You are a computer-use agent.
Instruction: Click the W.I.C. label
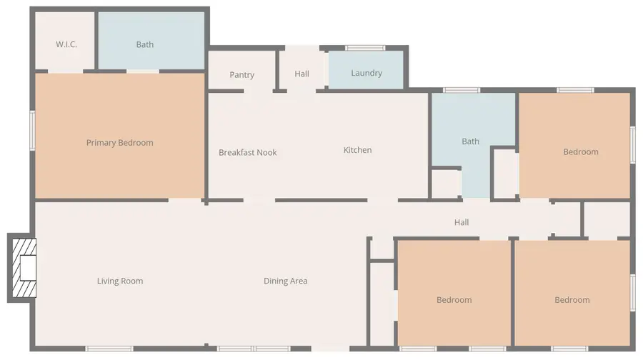click(x=66, y=44)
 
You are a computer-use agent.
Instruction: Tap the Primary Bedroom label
click(x=120, y=143)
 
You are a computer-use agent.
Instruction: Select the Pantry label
click(x=242, y=75)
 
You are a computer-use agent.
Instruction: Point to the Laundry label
click(x=367, y=73)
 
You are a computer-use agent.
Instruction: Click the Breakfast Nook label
click(x=248, y=152)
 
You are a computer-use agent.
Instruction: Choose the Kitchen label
click(x=358, y=150)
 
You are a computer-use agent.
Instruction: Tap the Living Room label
click(x=120, y=281)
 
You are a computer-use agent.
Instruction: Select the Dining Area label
click(x=286, y=281)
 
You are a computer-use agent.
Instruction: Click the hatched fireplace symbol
click(x=21, y=269)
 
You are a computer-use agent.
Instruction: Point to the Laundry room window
click(x=365, y=48)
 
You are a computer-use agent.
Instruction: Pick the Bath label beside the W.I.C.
click(x=145, y=44)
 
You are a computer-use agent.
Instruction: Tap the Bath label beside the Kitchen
click(x=471, y=141)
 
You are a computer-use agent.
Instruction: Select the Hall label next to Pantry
click(x=302, y=74)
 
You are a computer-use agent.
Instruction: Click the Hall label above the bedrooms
click(x=462, y=223)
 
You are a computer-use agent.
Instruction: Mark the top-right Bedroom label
click(x=581, y=152)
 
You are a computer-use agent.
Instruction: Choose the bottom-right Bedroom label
click(x=572, y=300)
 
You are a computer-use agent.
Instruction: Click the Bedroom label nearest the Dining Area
click(x=454, y=300)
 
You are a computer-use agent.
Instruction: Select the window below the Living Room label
click(x=109, y=349)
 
